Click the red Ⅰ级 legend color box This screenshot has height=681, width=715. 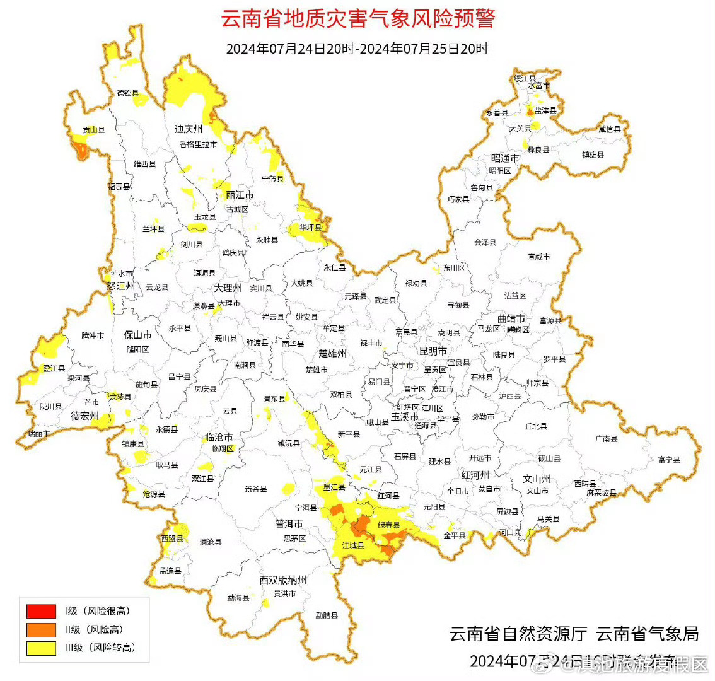point(41,611)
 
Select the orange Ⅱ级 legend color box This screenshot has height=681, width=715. point(41,629)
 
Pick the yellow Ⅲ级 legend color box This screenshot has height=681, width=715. point(41,648)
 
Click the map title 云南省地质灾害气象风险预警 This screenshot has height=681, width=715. point(357,18)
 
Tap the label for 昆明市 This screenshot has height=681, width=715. point(433,351)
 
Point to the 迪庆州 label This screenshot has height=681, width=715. point(189,129)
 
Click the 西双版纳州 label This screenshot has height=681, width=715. point(283,580)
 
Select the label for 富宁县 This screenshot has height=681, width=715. point(669,460)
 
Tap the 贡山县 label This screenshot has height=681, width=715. point(94,130)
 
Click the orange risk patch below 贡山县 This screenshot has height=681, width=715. point(80,149)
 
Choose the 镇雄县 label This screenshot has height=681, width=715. point(593,154)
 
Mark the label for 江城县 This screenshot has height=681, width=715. point(353,545)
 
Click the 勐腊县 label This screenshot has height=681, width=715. point(327,615)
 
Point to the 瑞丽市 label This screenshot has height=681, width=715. point(39,434)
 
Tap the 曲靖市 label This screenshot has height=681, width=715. point(511,318)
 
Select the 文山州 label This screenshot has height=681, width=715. point(537,479)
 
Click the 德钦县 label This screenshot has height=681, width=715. point(128,93)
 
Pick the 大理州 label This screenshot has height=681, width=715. point(228,288)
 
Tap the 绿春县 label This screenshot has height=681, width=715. point(388,525)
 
